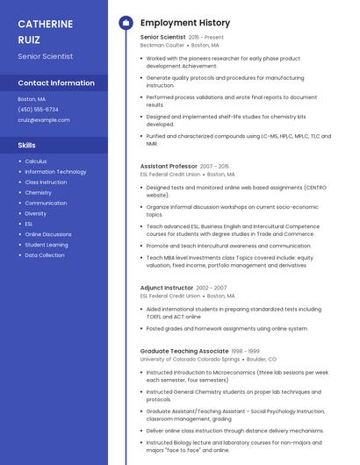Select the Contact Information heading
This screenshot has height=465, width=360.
point(56,83)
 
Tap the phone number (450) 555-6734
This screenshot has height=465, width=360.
point(38,110)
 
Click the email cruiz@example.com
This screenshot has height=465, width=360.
point(43,119)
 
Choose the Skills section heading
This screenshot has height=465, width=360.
point(27,145)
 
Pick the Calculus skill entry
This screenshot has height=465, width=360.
point(36,161)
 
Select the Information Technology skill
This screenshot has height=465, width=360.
point(55,172)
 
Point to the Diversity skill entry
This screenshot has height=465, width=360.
point(36,213)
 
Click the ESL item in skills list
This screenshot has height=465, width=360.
point(29,224)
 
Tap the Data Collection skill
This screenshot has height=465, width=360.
point(45,255)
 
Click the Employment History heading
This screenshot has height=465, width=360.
point(185,23)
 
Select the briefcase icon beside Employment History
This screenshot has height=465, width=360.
point(126,23)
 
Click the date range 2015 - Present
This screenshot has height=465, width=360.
point(206,38)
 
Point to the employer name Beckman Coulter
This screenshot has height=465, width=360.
point(163,45)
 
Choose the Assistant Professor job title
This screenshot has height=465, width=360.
point(169,166)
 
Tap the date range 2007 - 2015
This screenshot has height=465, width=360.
point(214,166)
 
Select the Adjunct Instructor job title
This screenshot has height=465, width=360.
point(166,288)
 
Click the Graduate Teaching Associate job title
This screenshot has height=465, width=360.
point(184,351)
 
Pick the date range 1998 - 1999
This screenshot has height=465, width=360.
point(246,351)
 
